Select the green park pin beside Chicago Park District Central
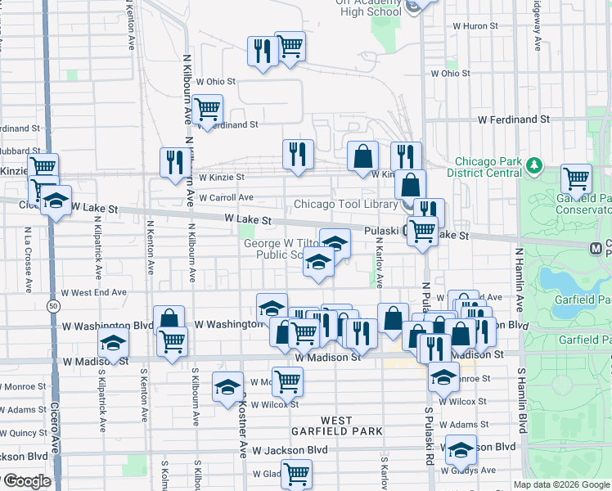coord(534,166)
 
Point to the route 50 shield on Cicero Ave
coord(53,305)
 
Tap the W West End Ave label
coord(93,292)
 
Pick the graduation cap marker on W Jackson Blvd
coord(461,448)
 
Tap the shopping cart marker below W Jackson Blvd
coord(295,472)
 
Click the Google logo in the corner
coord(28,481)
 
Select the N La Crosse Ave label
coord(28,253)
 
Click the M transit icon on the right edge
coord(596,246)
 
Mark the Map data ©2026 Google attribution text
coord(561,484)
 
